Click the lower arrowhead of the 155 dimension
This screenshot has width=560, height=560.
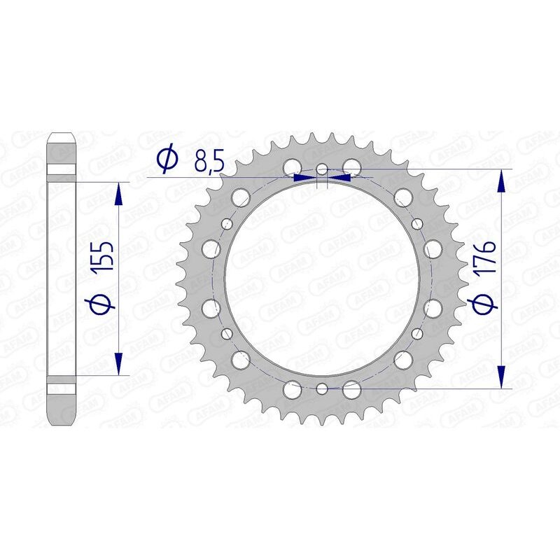coord(119,363)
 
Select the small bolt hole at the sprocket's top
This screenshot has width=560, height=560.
coord(321,169)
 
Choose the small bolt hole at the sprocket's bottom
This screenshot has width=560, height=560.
coord(321,388)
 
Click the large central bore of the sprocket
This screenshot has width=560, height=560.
coord(321,279)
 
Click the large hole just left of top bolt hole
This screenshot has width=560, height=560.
coord(292,167)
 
